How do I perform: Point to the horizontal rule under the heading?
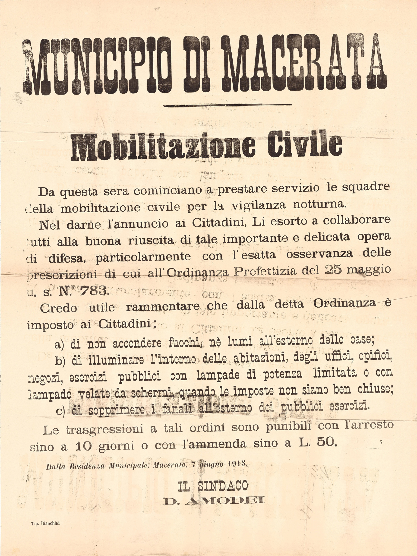click(227, 105)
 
